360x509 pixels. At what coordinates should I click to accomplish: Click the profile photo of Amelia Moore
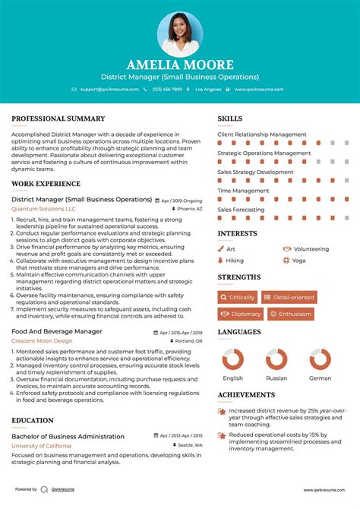(180, 33)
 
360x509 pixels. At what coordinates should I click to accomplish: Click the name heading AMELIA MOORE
(180, 65)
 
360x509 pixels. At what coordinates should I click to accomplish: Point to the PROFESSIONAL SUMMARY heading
(58, 119)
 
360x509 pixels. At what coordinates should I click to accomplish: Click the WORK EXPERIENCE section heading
(46, 184)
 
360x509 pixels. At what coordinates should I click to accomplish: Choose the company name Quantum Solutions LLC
(43, 209)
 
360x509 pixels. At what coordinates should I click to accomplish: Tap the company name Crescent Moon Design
(43, 341)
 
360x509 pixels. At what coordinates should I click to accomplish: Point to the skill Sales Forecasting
(242, 209)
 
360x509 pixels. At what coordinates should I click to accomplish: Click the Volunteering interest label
(311, 248)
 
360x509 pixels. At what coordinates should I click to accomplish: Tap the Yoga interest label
(298, 260)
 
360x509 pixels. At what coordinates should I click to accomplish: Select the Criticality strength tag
(238, 297)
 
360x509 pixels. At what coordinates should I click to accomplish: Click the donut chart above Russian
(276, 359)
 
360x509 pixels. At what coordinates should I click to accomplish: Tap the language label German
(320, 378)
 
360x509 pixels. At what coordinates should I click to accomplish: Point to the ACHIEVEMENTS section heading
(246, 395)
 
